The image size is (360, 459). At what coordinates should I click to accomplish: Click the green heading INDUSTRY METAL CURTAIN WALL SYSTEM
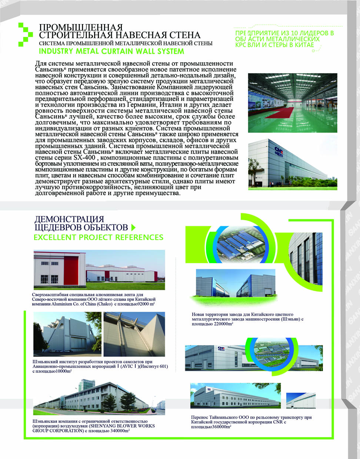pos(111,51)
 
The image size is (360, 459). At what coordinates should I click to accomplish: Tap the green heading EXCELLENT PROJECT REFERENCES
pos(98,237)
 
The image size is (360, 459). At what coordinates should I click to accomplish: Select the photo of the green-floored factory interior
pos(293,103)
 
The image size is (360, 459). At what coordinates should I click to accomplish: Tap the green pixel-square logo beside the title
pos(26,34)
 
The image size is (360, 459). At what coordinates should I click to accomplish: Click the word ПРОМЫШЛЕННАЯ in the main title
pos(81,28)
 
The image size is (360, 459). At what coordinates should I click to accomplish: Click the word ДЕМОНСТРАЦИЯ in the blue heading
pos(69,219)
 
